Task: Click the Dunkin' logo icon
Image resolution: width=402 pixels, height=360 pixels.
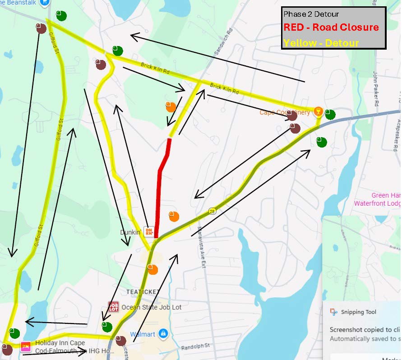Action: (149, 232)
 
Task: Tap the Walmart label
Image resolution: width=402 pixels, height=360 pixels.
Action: (142, 334)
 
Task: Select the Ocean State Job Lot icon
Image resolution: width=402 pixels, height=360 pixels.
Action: (113, 307)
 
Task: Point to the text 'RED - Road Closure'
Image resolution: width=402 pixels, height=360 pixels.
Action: (331, 27)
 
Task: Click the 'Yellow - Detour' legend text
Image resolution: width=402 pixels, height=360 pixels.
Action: (321, 43)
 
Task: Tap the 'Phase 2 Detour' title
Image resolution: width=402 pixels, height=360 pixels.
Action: (311, 14)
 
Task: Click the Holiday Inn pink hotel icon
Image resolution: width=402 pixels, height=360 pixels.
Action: (26, 346)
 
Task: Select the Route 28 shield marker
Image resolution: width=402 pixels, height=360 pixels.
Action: (212, 211)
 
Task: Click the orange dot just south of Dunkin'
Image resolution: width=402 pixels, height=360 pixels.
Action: (152, 269)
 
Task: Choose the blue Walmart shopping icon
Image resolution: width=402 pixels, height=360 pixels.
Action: (163, 334)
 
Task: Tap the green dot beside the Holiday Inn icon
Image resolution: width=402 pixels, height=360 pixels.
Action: (14, 333)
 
